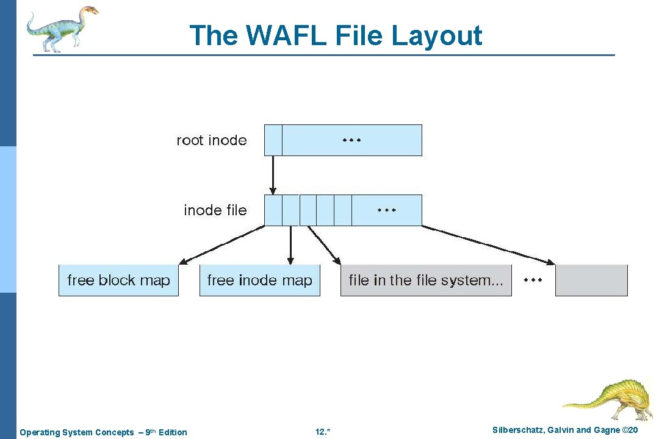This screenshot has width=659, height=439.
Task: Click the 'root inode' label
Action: click(x=212, y=140)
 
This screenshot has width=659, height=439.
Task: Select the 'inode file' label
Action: click(x=215, y=210)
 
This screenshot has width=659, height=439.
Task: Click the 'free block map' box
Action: click(x=118, y=280)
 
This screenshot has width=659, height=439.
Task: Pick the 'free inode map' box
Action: click(x=259, y=280)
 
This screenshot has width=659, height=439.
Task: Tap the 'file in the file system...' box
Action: click(x=425, y=280)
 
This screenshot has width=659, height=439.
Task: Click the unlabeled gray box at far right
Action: click(x=591, y=280)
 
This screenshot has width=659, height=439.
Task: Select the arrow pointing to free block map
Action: click(x=223, y=244)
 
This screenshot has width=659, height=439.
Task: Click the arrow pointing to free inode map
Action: click(x=290, y=244)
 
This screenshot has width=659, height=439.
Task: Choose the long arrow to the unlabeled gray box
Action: click(x=488, y=244)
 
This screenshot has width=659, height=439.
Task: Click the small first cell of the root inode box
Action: click(x=273, y=140)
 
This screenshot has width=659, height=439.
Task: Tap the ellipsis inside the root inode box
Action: click(x=351, y=140)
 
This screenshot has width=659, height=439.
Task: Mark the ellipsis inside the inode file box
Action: click(x=386, y=210)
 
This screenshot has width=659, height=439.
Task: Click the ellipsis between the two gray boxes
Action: click(x=533, y=280)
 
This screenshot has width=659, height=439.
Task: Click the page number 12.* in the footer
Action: click(x=323, y=432)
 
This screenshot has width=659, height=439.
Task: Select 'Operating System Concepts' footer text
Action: click(x=77, y=432)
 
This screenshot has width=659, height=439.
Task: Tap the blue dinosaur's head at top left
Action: click(x=88, y=10)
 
